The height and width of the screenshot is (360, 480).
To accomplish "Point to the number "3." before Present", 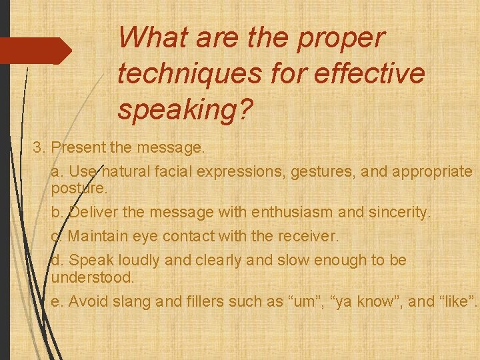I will [40, 147].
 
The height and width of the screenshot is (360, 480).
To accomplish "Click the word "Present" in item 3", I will [77, 147].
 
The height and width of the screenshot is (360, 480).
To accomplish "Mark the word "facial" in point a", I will [173, 172].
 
